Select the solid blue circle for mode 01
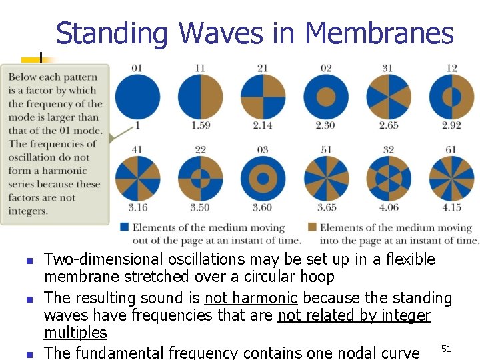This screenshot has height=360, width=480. pyautogui.click(x=137, y=97)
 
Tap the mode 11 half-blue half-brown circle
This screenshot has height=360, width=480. pyautogui.click(x=200, y=97)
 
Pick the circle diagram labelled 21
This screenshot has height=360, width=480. pyautogui.click(x=263, y=97)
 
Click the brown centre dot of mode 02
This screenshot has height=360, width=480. pyautogui.click(x=325, y=97)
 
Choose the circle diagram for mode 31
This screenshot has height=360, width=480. pyautogui.click(x=388, y=97)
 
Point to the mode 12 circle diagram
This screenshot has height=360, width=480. pyautogui.click(x=451, y=97)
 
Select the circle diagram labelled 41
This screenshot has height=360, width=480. pyautogui.click(x=137, y=178)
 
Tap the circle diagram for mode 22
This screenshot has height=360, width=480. pyautogui.click(x=200, y=178)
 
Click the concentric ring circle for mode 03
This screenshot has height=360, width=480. pyautogui.click(x=263, y=178)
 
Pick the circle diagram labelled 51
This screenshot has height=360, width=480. pyautogui.click(x=325, y=178)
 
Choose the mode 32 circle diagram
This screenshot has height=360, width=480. pyautogui.click(x=388, y=178)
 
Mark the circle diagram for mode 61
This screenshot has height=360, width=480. pyautogui.click(x=451, y=178)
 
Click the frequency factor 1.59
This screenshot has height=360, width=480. pyautogui.click(x=200, y=125)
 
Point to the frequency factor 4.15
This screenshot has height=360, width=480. pyautogui.click(x=451, y=207)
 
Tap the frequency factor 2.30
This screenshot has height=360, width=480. pyautogui.click(x=325, y=125)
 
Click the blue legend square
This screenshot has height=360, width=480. pyautogui.click(x=125, y=227)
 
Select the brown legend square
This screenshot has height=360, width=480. pyautogui.click(x=313, y=227)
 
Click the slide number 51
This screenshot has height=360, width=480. pyautogui.click(x=447, y=348)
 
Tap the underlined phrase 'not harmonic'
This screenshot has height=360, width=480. pyautogui.click(x=251, y=298)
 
